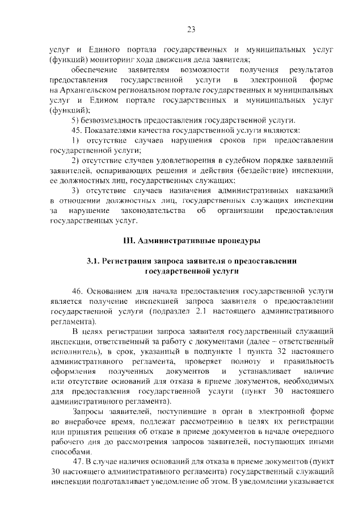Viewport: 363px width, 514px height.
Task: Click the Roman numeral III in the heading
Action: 129,241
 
